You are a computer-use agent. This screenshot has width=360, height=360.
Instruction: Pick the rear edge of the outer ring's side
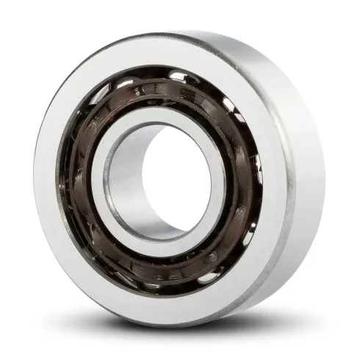(323, 184)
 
